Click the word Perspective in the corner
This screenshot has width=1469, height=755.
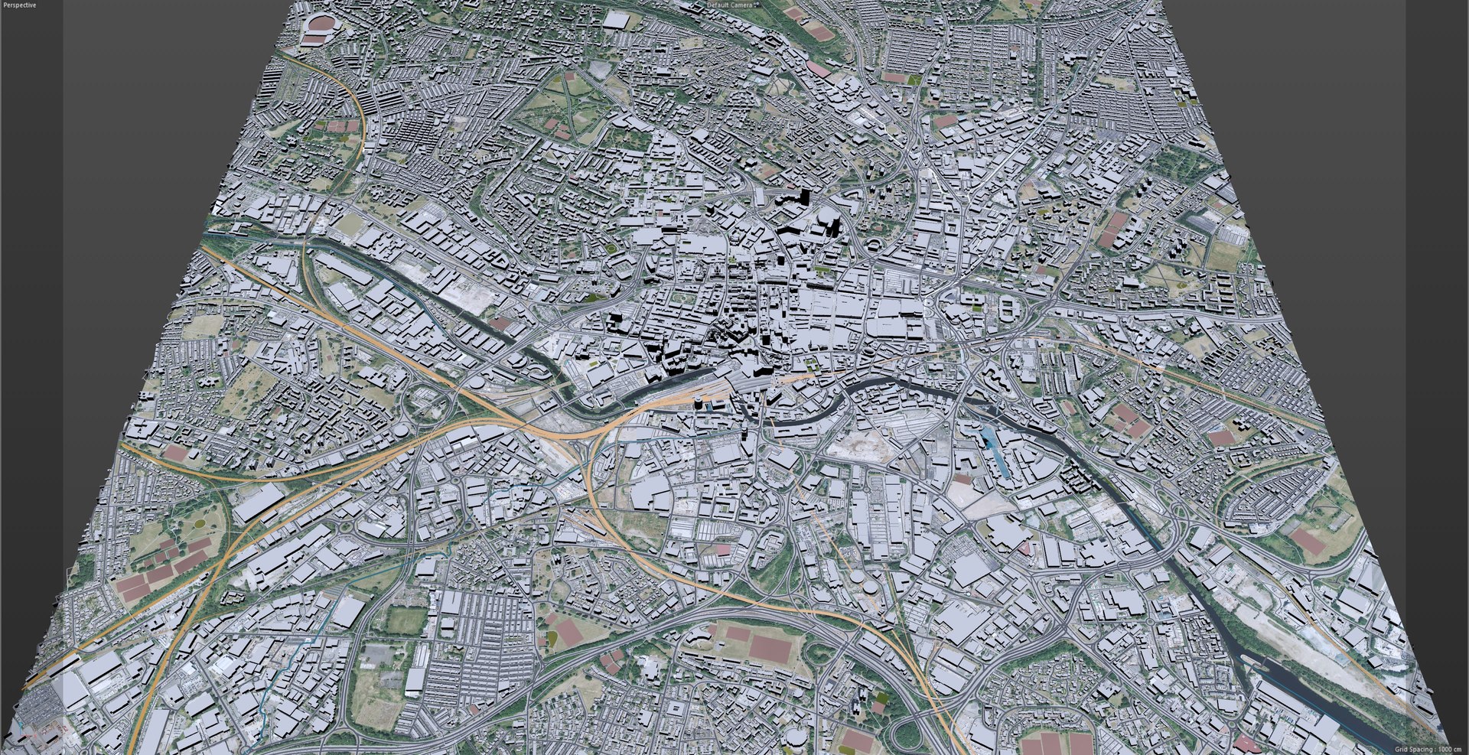[x=18, y=5]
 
